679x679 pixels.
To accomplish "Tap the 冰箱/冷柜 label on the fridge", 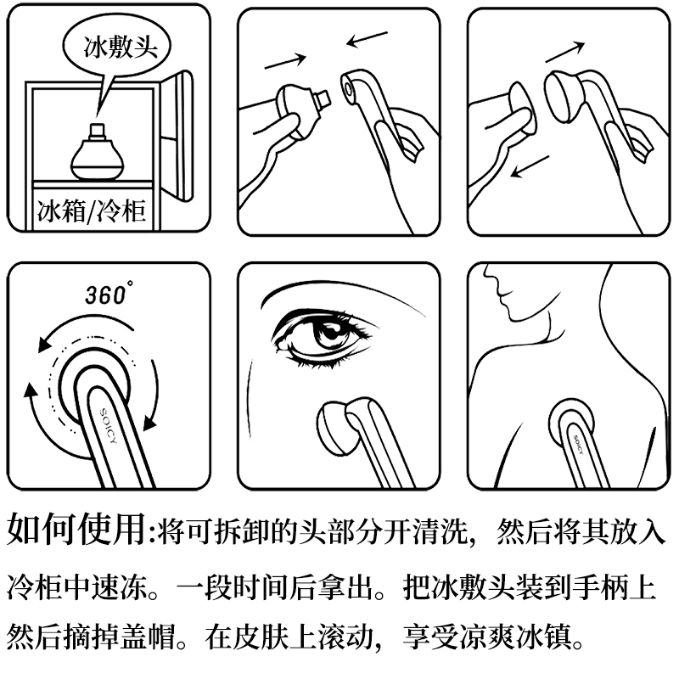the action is coord(92,210).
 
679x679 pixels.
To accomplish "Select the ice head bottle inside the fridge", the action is coord(97,152).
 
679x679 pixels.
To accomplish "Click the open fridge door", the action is coord(177,135).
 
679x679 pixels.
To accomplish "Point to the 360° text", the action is coord(108,294).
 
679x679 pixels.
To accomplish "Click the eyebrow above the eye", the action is coord(342,293).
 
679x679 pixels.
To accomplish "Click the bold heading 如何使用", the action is coord(76,529).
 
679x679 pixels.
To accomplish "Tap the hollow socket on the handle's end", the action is coord(349,88).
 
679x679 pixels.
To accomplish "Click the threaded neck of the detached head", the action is coord(323,98).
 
